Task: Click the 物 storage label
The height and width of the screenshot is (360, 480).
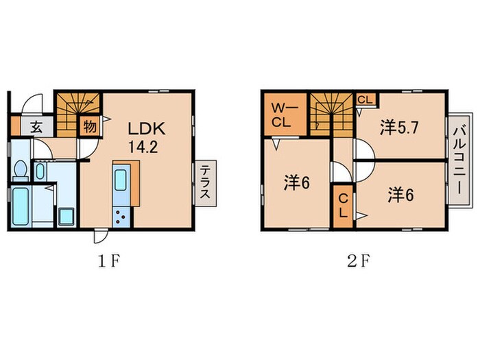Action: pyautogui.click(x=89, y=127)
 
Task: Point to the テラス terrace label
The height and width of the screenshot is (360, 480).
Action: pyautogui.click(x=205, y=183)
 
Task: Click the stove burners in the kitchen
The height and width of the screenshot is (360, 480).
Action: pyautogui.click(x=123, y=218)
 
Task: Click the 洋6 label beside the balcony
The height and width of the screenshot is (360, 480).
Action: pyautogui.click(x=400, y=194)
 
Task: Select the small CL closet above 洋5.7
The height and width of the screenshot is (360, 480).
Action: pyautogui.click(x=365, y=99)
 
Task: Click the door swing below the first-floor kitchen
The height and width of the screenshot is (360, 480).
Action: pyautogui.click(x=99, y=236)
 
